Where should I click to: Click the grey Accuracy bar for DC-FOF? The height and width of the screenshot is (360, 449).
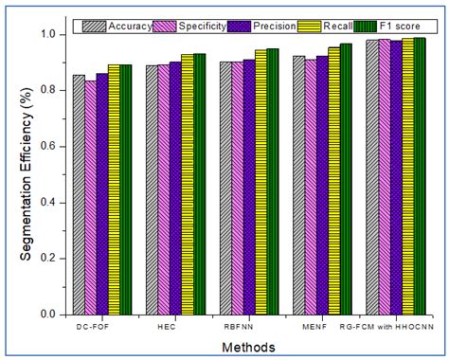[79, 194]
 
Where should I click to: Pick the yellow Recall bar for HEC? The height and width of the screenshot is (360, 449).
[188, 184]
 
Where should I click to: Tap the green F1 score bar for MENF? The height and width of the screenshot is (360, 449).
[346, 178]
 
